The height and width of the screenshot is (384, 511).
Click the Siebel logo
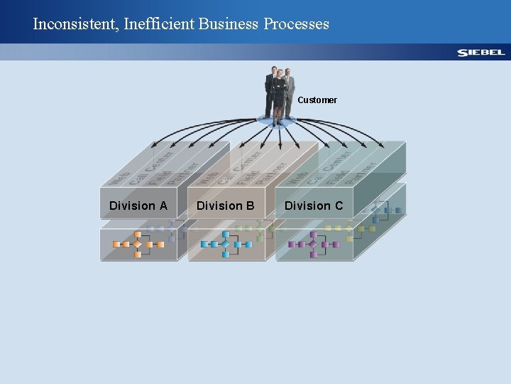(480, 53)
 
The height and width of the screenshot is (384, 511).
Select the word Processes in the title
(297, 24)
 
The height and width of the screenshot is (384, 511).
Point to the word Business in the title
(229, 24)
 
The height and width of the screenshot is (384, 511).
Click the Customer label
(317, 100)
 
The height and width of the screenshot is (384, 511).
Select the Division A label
(138, 206)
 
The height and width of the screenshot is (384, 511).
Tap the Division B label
(226, 206)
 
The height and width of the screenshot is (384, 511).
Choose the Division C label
(314, 206)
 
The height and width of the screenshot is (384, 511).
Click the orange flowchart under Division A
(138, 244)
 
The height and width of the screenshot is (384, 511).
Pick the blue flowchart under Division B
(226, 244)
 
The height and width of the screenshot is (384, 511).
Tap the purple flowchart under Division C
(314, 244)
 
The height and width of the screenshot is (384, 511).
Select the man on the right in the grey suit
(290, 92)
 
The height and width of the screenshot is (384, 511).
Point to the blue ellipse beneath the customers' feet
(278, 121)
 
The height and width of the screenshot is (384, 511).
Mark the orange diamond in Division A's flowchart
(138, 244)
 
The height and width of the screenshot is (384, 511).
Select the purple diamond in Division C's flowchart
(314, 244)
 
